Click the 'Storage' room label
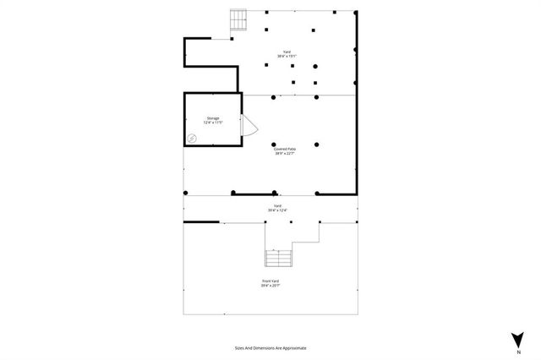[213, 118]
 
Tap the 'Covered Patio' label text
[284, 149]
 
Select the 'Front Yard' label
[270, 281]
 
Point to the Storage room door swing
[249, 125]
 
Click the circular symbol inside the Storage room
[192, 138]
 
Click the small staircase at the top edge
[238, 19]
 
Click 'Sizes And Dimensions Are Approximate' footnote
[270, 347]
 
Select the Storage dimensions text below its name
[213, 123]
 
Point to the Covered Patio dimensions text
[284, 154]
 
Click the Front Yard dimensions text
[270, 286]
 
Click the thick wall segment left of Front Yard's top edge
[201, 222]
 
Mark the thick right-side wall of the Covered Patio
[356, 144]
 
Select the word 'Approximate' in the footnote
[294, 347]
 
